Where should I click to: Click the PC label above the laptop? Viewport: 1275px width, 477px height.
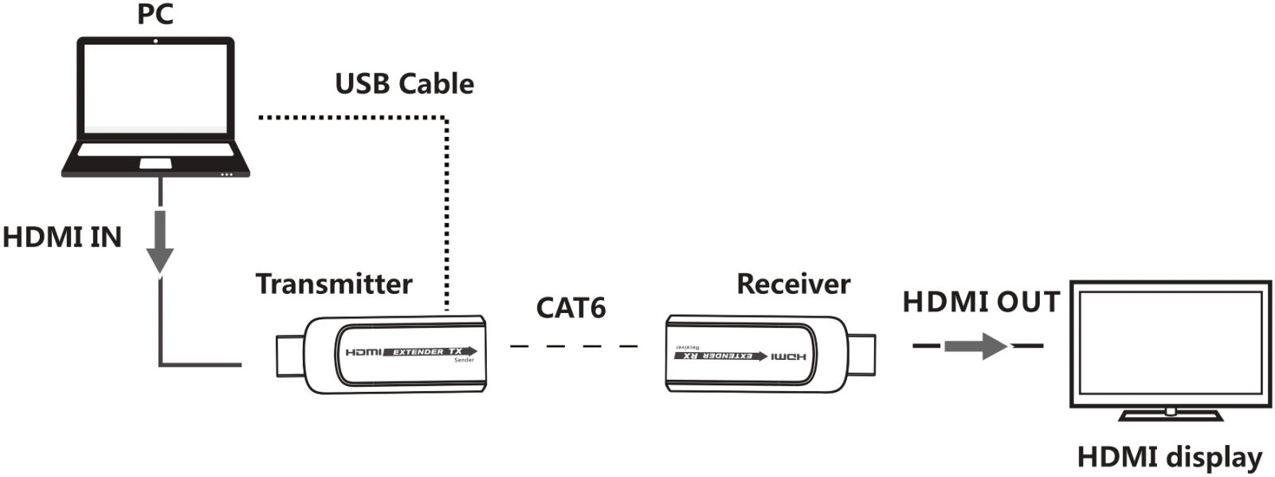(155, 14)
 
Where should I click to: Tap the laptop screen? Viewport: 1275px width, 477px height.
(156, 88)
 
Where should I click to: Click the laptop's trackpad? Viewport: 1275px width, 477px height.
(155, 163)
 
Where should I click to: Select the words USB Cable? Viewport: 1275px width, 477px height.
(404, 84)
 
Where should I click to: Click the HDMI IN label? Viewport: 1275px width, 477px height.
(62, 237)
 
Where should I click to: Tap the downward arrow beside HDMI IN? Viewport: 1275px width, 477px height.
(160, 243)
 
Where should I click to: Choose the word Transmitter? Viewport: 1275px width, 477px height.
(334, 283)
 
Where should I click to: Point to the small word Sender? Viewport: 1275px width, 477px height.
(464, 361)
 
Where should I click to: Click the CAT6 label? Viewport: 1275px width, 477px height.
(571, 307)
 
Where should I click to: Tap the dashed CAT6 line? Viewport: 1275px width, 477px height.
(574, 346)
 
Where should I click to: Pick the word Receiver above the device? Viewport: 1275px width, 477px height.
(793, 283)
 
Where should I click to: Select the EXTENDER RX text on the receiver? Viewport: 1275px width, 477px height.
(721, 356)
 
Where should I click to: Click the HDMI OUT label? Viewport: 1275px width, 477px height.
(981, 302)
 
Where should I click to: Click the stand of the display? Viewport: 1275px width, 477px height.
(1170, 414)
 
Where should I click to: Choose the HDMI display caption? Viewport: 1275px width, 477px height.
(1169, 457)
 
